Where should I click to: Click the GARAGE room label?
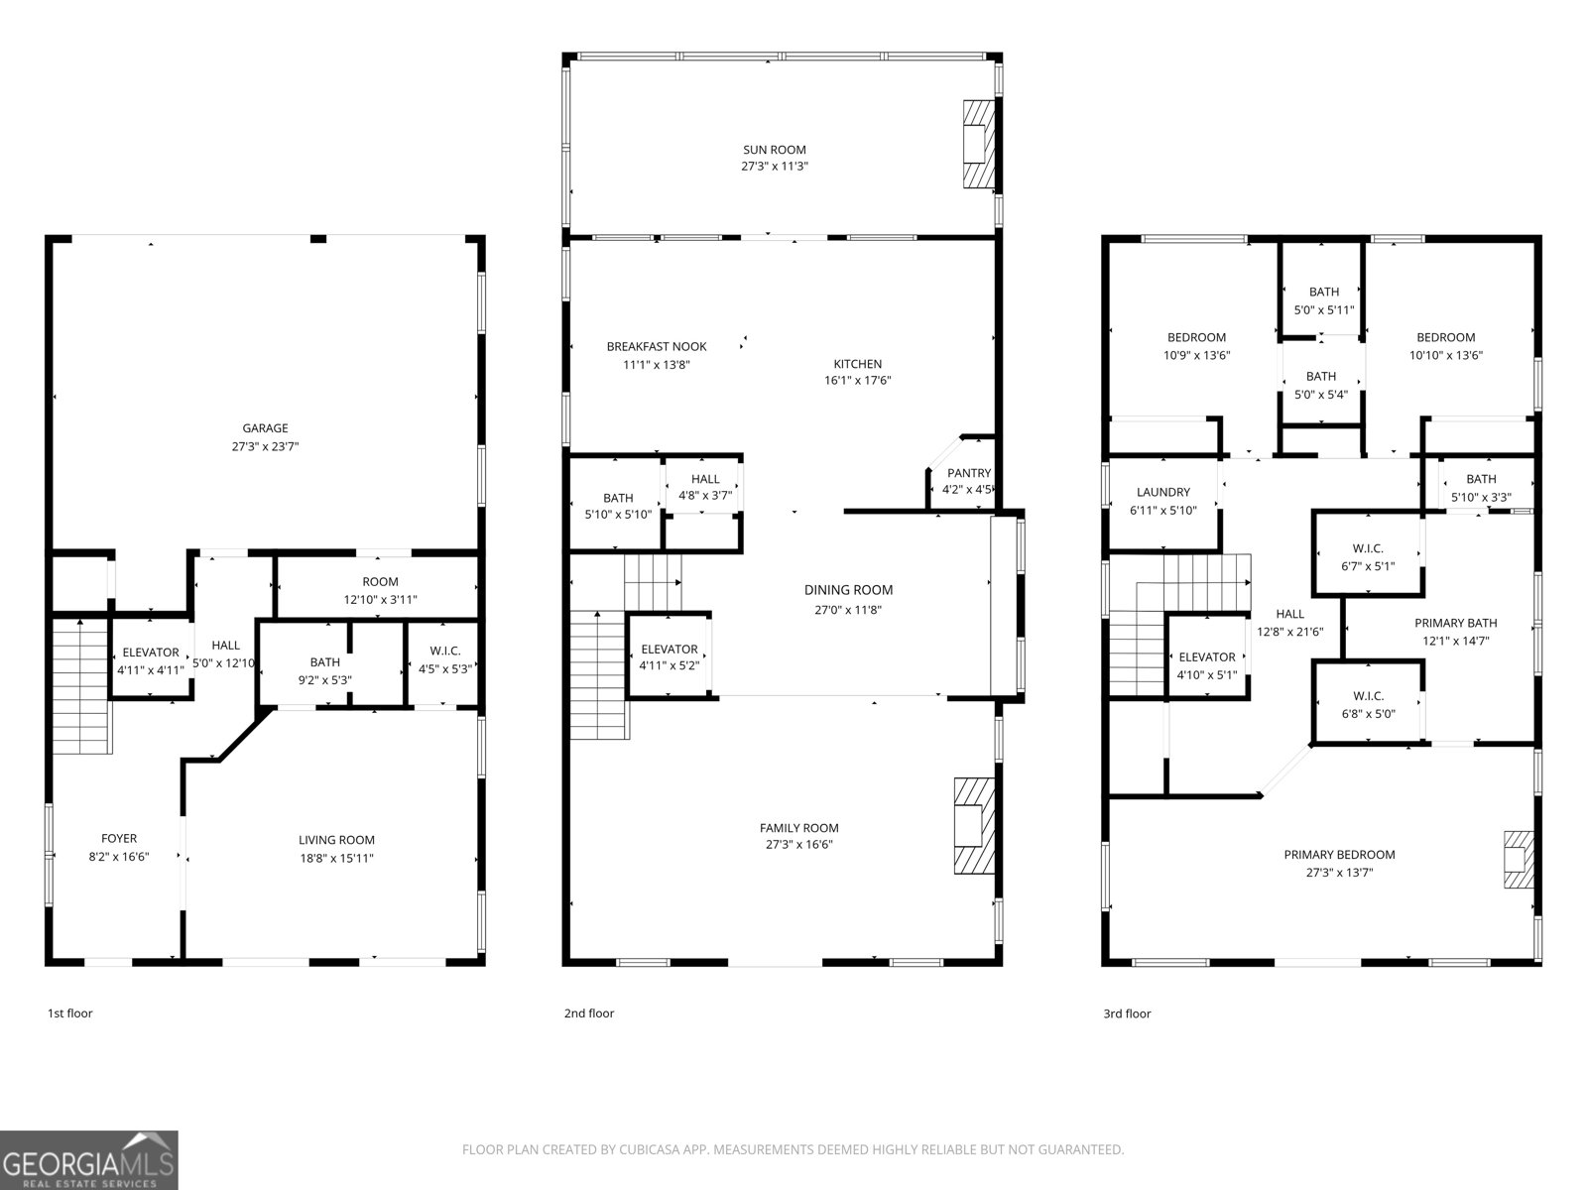265,428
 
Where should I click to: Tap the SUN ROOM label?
775,150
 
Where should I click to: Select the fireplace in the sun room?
979,145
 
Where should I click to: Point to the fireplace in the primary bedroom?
1519,860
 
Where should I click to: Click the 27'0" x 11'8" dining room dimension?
848,610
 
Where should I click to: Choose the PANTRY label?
969,473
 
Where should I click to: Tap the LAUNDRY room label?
1162,492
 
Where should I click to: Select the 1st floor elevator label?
151,653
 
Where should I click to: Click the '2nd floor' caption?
589,1012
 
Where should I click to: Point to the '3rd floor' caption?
1127,1013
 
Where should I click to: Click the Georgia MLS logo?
89,1159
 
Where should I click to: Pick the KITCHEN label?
858,364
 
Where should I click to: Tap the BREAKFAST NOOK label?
657,347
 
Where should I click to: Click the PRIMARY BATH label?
1455,623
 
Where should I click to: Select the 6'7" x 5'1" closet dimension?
1368,566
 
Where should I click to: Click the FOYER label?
119,839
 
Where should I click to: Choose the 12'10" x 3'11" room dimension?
380,600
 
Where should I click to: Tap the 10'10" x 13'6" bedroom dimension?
1446,355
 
